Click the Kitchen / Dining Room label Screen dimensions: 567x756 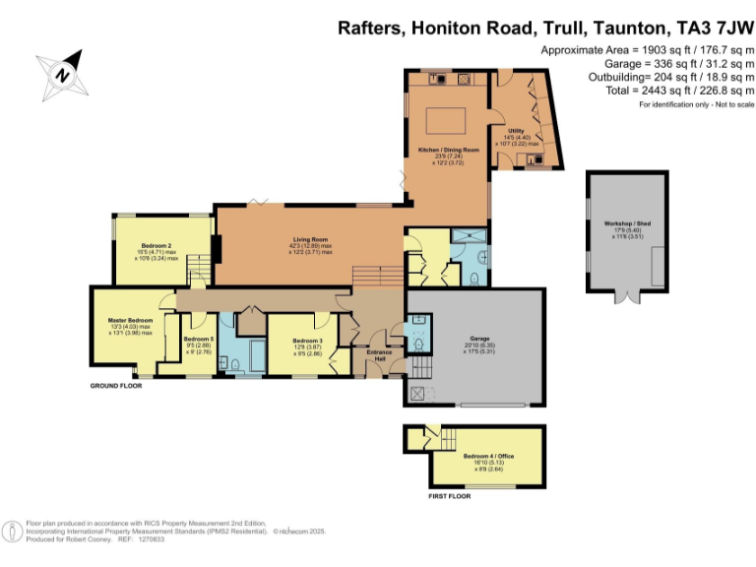448,150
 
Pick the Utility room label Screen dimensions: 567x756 516,130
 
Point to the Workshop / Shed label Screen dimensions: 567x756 627,223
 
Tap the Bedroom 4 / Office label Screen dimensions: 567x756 488,457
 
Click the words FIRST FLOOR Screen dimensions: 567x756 449,497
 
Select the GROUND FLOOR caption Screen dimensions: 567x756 116,386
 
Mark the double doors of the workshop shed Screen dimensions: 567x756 626,294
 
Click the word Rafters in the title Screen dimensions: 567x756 372,30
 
